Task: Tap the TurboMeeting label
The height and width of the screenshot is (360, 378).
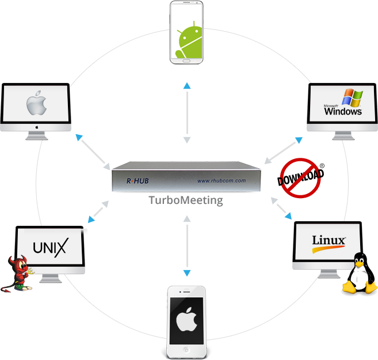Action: pyautogui.click(x=185, y=201)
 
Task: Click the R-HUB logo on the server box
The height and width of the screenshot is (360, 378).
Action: pyautogui.click(x=137, y=181)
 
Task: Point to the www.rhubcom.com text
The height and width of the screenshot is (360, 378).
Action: pyautogui.click(x=222, y=181)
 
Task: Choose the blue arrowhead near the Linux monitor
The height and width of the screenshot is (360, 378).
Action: pyautogui.click(x=288, y=217)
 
